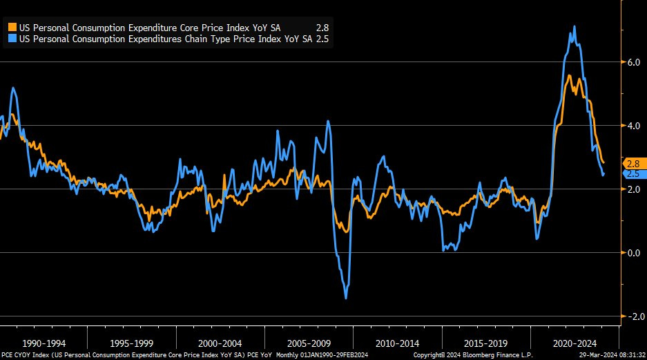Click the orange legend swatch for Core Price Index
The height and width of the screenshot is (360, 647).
[12, 28]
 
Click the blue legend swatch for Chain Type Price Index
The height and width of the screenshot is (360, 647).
[12, 39]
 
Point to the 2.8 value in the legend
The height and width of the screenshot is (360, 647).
[321, 28]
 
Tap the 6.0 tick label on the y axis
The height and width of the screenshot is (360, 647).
[632, 62]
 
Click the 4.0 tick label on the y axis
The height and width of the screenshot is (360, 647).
[632, 126]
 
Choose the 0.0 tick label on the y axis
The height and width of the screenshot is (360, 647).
[632, 253]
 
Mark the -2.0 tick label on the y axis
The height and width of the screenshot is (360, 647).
[631, 316]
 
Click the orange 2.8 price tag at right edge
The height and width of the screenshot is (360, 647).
[632, 164]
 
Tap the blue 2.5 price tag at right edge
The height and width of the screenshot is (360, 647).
[632, 174]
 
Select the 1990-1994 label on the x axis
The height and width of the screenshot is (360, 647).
[44, 343]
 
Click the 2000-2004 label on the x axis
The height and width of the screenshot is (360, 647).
[220, 343]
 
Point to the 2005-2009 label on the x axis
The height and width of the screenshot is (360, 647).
[309, 343]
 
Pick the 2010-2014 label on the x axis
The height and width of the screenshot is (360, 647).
[398, 343]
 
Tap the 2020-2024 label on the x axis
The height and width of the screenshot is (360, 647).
[575, 343]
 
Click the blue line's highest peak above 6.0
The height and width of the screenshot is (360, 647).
[574, 27]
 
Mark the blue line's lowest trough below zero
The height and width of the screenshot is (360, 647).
[345, 298]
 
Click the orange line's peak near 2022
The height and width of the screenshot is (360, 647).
[568, 75]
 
